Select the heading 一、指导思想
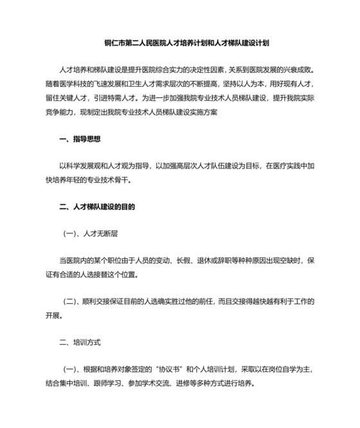pos(79,139)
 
